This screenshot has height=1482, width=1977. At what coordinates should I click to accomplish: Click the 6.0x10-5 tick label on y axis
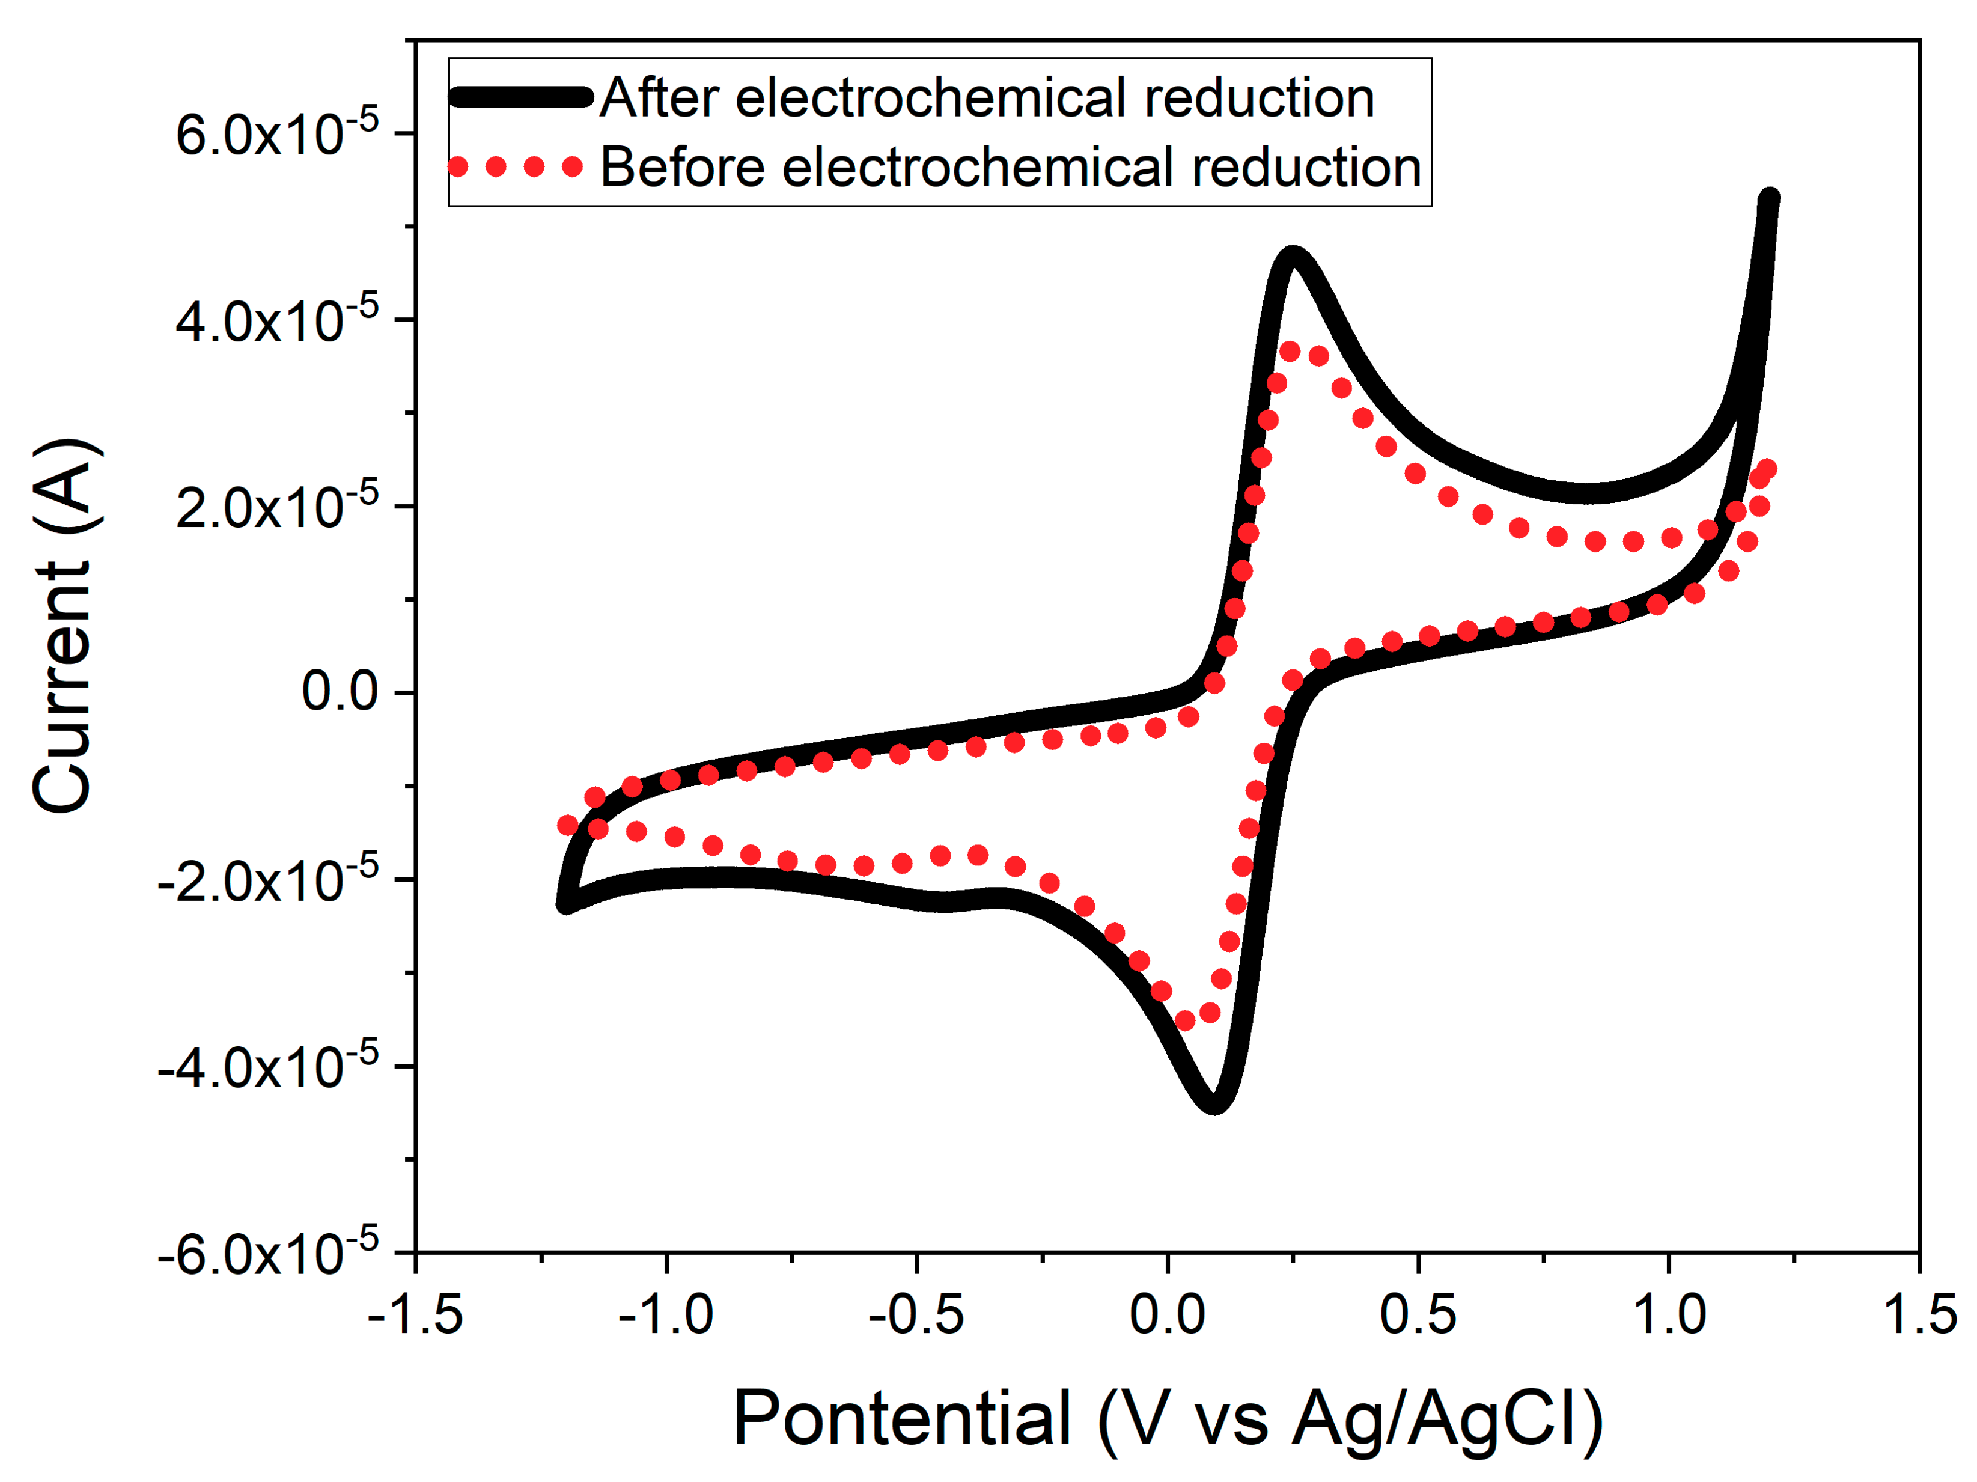(x=277, y=136)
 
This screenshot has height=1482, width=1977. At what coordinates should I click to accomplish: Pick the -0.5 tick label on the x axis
(x=916, y=1316)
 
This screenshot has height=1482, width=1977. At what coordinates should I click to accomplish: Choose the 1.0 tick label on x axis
(x=1669, y=1316)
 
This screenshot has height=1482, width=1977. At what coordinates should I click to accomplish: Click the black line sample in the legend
(x=520, y=97)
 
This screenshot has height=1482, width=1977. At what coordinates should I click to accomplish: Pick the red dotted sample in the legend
(x=516, y=167)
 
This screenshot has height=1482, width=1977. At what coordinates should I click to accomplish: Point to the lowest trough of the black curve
(x=1214, y=1102)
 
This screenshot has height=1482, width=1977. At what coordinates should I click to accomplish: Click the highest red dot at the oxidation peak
(x=1290, y=352)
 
